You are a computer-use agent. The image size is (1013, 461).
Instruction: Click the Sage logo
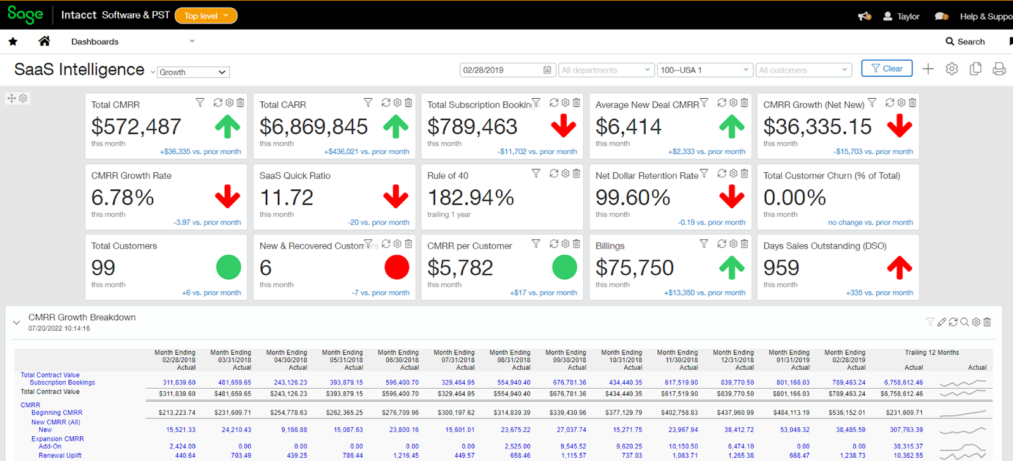tap(25, 15)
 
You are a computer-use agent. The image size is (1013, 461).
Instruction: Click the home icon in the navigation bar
tap(44, 41)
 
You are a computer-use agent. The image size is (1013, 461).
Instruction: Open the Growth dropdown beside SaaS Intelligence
tap(193, 72)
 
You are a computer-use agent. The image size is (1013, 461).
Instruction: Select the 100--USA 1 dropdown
tap(704, 70)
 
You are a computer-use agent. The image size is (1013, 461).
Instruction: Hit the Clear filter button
tap(886, 68)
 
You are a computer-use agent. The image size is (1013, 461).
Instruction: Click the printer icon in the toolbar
tap(999, 69)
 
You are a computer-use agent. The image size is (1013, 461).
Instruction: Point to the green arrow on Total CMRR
tap(227, 127)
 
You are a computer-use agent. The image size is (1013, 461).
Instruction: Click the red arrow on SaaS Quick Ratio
tap(396, 197)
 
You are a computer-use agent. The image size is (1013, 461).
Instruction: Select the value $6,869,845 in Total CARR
tap(313, 127)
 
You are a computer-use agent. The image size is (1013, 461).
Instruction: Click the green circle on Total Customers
tap(229, 267)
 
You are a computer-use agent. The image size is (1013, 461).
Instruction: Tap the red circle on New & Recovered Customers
tap(397, 267)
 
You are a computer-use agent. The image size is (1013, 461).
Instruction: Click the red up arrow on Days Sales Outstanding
tap(900, 267)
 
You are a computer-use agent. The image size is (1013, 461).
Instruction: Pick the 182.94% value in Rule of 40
tap(470, 198)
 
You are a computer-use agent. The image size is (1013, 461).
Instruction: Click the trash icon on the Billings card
tap(745, 244)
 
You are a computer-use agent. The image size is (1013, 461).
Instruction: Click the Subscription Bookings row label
tap(62, 382)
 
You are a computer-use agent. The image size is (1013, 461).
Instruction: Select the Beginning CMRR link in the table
tap(57, 413)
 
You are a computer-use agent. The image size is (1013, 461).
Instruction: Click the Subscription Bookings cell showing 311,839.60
tap(179, 382)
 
